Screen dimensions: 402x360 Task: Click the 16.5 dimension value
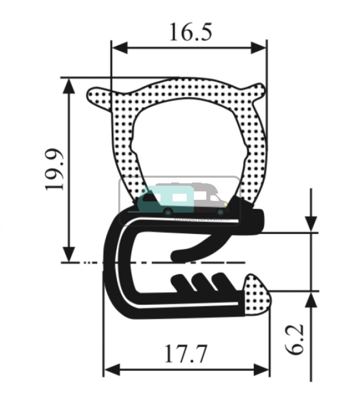190,32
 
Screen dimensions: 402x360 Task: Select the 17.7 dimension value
185,355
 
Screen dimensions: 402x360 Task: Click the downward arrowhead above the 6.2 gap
311,223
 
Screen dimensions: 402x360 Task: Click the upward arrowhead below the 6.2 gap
311,300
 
